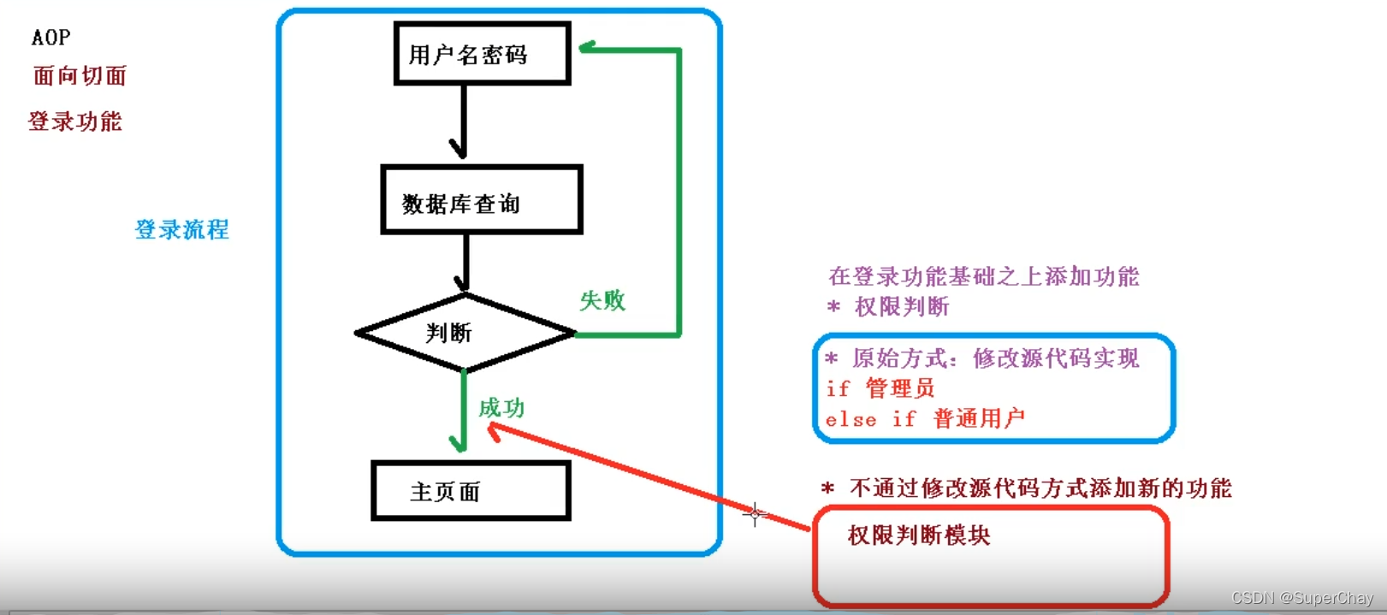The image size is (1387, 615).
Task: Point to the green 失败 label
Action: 602,300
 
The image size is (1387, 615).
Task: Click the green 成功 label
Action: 501,407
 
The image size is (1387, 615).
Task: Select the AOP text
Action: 51,38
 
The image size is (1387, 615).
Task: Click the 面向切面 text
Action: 80,76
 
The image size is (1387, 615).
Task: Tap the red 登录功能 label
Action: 75,121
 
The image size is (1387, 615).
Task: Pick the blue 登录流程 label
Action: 181,229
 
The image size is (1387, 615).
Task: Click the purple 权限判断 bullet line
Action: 890,306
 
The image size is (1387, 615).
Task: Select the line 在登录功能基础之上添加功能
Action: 984,276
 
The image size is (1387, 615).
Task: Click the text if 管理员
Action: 880,388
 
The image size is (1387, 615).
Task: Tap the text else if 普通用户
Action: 924,418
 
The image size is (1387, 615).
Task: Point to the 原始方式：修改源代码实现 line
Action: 982,358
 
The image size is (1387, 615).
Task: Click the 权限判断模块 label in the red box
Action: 919,535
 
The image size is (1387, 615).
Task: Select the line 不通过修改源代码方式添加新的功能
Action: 1027,488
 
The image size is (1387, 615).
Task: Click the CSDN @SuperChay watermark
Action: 1302,598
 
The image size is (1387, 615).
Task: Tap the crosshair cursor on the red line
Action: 755,514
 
